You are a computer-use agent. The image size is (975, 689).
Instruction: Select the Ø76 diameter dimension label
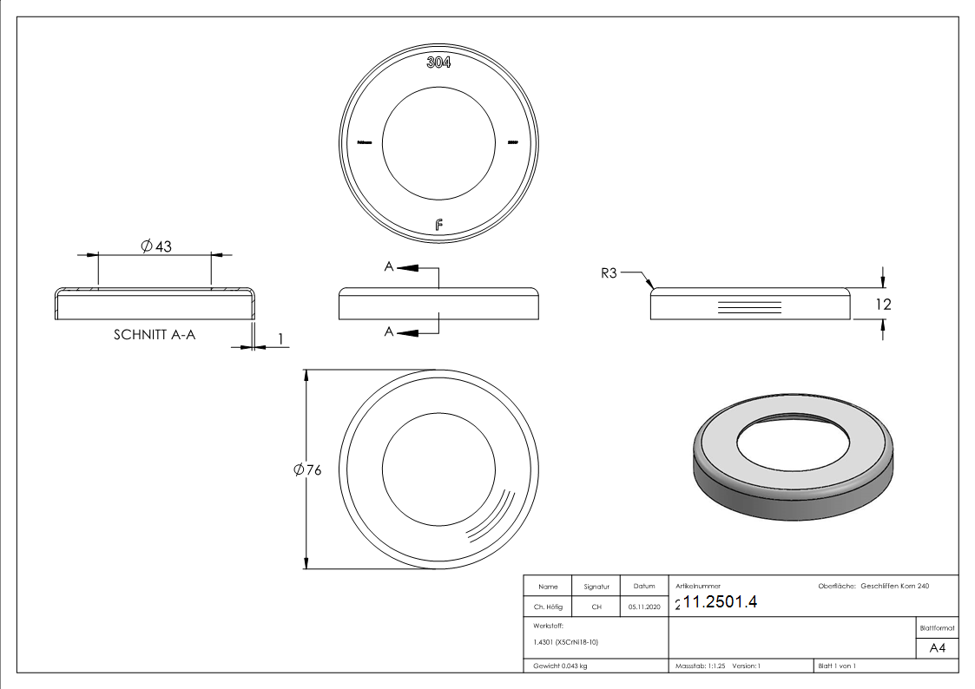point(308,469)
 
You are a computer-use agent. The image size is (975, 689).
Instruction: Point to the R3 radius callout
point(608,273)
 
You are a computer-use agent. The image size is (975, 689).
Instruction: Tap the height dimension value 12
point(884,305)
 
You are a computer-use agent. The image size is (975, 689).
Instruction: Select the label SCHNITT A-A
point(155,334)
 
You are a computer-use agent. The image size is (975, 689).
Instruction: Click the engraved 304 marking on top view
point(438,62)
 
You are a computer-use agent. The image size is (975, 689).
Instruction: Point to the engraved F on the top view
point(439,226)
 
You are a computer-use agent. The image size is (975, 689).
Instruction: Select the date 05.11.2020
point(643,607)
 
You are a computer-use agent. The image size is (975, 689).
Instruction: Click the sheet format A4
point(938,648)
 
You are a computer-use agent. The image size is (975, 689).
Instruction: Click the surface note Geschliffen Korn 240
point(895,587)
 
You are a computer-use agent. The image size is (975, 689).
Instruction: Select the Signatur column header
point(596,587)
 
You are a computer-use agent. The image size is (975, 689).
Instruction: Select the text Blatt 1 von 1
point(837,666)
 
